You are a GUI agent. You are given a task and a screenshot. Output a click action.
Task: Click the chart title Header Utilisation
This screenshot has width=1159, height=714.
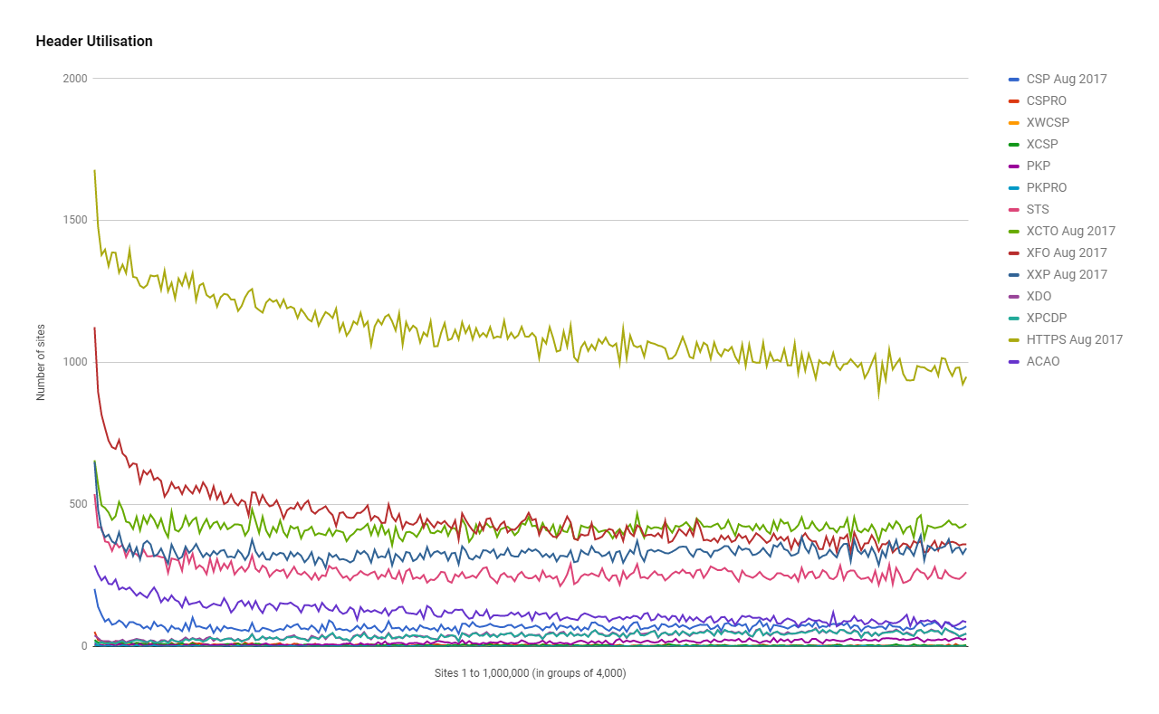(x=94, y=42)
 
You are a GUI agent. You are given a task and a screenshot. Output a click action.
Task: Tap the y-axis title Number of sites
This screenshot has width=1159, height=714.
(x=41, y=362)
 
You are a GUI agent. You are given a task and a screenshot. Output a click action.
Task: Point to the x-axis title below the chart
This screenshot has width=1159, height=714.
(x=530, y=673)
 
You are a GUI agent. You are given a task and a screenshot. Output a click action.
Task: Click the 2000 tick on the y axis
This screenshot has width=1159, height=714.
(x=75, y=79)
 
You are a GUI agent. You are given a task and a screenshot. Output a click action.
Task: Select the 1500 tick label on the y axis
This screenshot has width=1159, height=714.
(x=75, y=221)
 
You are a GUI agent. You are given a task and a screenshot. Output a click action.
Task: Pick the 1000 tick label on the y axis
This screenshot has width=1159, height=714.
(x=75, y=362)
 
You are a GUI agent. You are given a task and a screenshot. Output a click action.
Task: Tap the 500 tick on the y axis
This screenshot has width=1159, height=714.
(x=78, y=504)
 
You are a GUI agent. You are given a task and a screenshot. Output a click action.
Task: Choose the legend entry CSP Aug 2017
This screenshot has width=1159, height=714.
(x=1066, y=79)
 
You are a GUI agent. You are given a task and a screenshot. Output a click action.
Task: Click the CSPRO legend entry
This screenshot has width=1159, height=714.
(x=1046, y=100)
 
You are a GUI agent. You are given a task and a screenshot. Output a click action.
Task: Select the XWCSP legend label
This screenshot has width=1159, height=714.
(x=1047, y=122)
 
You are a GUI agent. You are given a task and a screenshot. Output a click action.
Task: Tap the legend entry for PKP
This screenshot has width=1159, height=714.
(x=1038, y=166)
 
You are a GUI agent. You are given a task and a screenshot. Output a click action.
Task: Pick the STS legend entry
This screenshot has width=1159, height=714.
(x=1038, y=209)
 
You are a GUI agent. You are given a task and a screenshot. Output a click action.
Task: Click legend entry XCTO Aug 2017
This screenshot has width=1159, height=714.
(x=1070, y=231)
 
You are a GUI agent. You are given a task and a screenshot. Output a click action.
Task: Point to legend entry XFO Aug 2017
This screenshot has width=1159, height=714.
(x=1067, y=252)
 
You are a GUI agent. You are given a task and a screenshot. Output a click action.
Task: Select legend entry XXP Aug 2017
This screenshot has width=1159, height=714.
(x=1067, y=274)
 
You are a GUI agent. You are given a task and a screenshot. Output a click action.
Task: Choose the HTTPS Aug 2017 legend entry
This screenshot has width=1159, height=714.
(x=1074, y=339)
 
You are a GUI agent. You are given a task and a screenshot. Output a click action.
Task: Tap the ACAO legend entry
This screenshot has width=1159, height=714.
(x=1042, y=361)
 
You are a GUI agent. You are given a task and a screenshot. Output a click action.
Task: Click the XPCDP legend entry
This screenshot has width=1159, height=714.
(x=1046, y=318)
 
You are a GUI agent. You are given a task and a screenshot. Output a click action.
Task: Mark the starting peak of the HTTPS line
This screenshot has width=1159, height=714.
(x=94, y=170)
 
